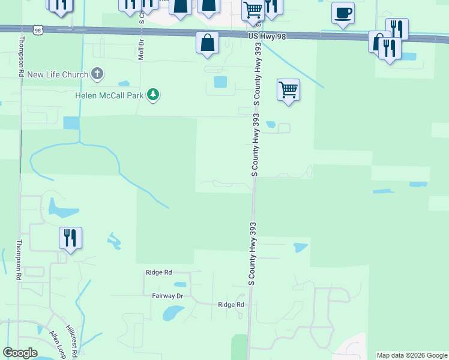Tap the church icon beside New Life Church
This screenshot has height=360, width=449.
97,74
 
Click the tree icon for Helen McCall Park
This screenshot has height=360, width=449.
154,95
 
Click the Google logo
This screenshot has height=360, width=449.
20,353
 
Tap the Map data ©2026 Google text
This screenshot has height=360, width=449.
411,355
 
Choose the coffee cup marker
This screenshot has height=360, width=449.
343,13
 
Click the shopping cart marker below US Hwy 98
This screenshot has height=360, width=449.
289,90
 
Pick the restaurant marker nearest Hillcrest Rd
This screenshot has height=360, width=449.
70,238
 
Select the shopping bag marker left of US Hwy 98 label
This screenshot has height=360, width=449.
207,43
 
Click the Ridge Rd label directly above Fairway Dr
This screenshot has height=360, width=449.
158,272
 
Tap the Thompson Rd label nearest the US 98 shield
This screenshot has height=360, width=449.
20,56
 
